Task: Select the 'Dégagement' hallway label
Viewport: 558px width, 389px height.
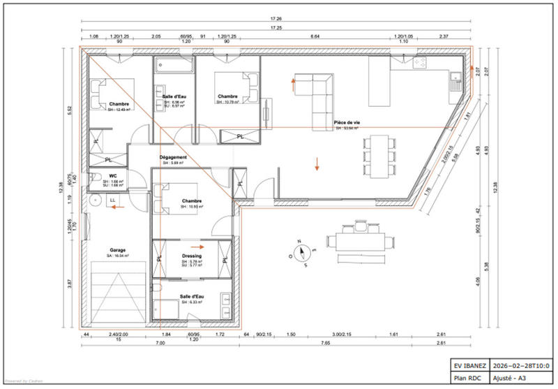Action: pos(173,157)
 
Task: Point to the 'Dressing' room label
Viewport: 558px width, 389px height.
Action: pos(192,256)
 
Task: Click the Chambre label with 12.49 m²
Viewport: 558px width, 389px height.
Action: pos(110,104)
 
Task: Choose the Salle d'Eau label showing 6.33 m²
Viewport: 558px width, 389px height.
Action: pos(191,296)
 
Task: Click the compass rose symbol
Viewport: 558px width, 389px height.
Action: pos(301,250)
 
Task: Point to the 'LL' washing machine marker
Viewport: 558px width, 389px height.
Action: pos(112,200)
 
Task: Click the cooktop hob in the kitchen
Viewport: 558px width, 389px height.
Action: pos(421,64)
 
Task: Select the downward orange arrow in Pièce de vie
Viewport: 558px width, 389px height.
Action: pos(317,165)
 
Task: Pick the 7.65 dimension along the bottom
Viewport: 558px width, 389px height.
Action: pos(325,344)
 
